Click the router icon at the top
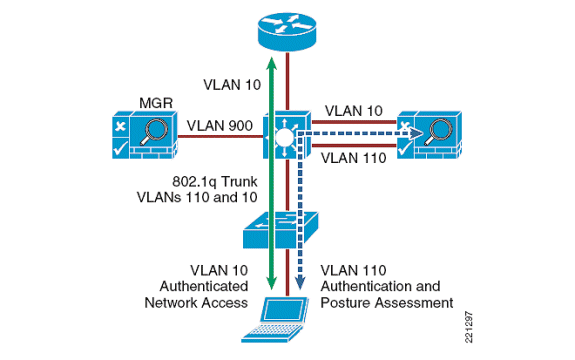click(x=286, y=32)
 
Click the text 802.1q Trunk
click(x=216, y=182)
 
